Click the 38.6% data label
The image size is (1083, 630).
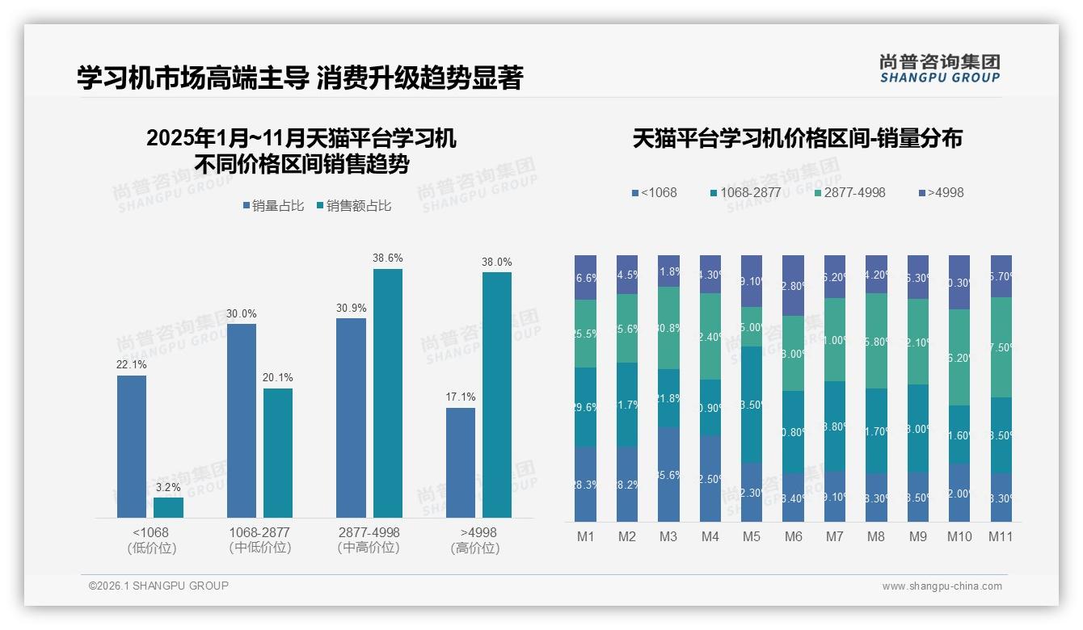387,258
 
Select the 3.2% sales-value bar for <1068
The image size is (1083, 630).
168,507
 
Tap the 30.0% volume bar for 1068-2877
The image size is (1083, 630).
242,420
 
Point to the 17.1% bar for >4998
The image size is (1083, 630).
461,462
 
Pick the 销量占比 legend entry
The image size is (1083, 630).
273,206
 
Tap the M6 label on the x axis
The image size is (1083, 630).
793,536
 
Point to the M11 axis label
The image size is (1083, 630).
1001,536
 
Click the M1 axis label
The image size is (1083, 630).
585,536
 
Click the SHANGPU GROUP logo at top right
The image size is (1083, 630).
939,69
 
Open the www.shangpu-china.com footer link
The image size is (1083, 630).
942,586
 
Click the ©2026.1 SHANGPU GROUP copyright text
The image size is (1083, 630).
158,586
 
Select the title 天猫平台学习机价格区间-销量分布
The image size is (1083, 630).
797,138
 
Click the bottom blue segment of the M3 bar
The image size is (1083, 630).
668,474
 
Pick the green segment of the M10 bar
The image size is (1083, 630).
959,357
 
